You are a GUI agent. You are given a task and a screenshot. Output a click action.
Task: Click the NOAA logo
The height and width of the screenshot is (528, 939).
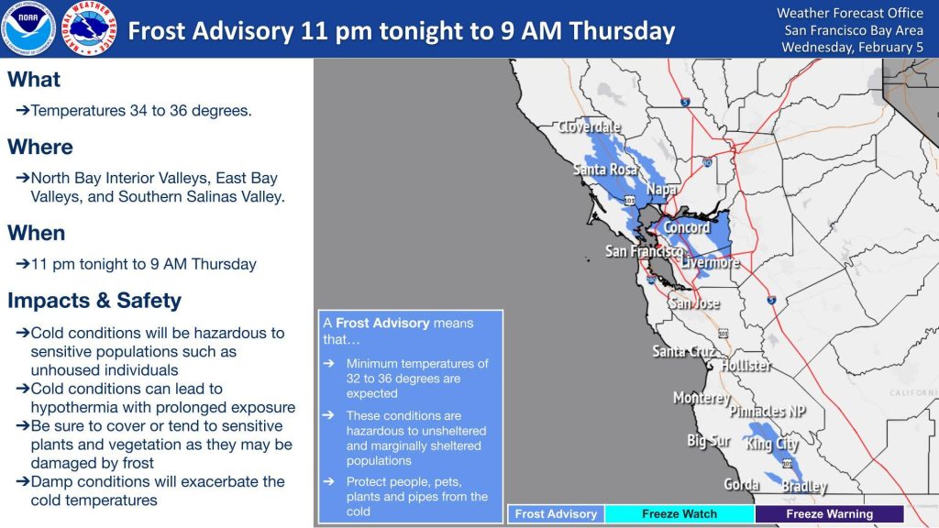pos(28,28)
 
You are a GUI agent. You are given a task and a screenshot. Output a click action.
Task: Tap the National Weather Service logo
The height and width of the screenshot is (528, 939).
pos(89,28)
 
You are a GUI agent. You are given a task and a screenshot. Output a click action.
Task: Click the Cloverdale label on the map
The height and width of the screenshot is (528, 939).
pos(590,126)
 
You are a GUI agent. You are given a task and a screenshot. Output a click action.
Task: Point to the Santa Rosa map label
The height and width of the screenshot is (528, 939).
pos(605,170)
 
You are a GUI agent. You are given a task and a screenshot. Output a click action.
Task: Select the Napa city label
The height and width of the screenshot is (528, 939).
pos(661,190)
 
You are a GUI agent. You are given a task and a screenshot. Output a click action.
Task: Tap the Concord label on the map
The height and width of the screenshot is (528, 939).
pos(686,227)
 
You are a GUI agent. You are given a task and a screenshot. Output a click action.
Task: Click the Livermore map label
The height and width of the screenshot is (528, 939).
pos(711,263)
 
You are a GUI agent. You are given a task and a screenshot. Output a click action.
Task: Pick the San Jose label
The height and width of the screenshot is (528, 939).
pos(694,302)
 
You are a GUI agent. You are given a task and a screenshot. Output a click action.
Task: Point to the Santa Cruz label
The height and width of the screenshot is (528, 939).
pos(683,351)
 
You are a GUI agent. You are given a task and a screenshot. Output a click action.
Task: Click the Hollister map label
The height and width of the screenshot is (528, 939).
pos(746,365)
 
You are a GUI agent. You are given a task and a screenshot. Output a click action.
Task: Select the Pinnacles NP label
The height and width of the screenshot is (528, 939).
pos(768,412)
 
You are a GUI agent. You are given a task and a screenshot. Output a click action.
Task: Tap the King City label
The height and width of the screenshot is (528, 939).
pos(771,445)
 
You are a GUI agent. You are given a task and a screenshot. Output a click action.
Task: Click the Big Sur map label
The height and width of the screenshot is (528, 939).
pos(709,441)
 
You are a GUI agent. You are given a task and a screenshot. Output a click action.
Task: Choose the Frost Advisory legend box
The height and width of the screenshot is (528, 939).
pos(557,513)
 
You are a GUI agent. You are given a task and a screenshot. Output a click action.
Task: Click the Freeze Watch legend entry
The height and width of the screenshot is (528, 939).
pos(679,513)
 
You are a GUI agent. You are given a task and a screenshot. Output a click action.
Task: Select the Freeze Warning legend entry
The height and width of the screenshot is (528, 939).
pos(829,513)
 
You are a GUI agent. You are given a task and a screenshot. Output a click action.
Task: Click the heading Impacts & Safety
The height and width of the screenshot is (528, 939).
pos(94,301)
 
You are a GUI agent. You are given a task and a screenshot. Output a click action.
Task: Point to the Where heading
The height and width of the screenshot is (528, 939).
pos(40,148)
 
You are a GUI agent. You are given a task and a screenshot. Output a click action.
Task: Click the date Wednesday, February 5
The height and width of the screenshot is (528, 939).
pos(852,48)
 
